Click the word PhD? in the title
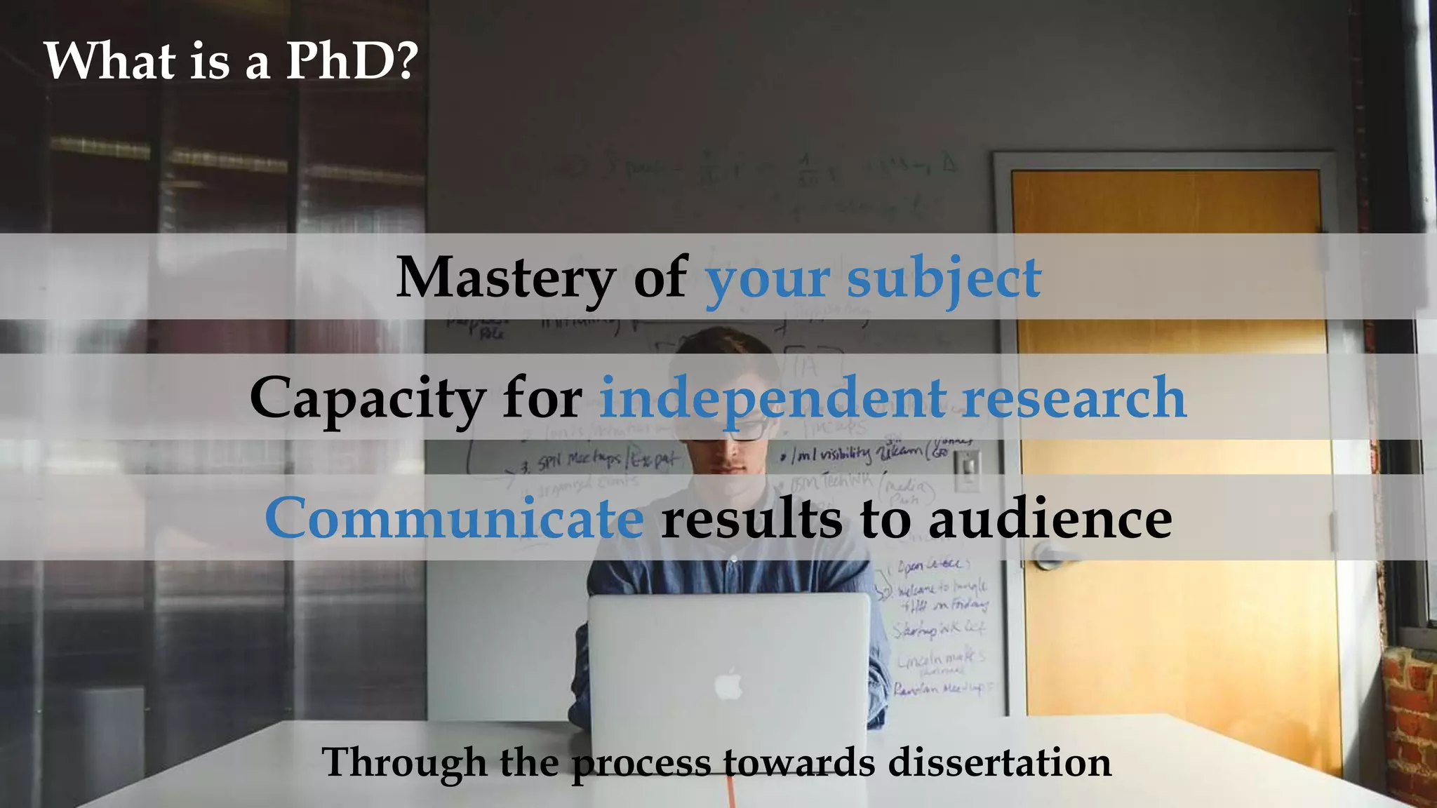click(x=352, y=61)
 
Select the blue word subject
click(x=944, y=278)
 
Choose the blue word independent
click(x=773, y=398)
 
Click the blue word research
click(x=1074, y=398)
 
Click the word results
click(x=751, y=518)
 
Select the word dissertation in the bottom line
click(x=1000, y=762)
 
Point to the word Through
click(x=404, y=762)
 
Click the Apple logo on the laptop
click(x=729, y=685)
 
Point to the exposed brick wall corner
click(x=1407, y=722)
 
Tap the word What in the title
click(x=109, y=61)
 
